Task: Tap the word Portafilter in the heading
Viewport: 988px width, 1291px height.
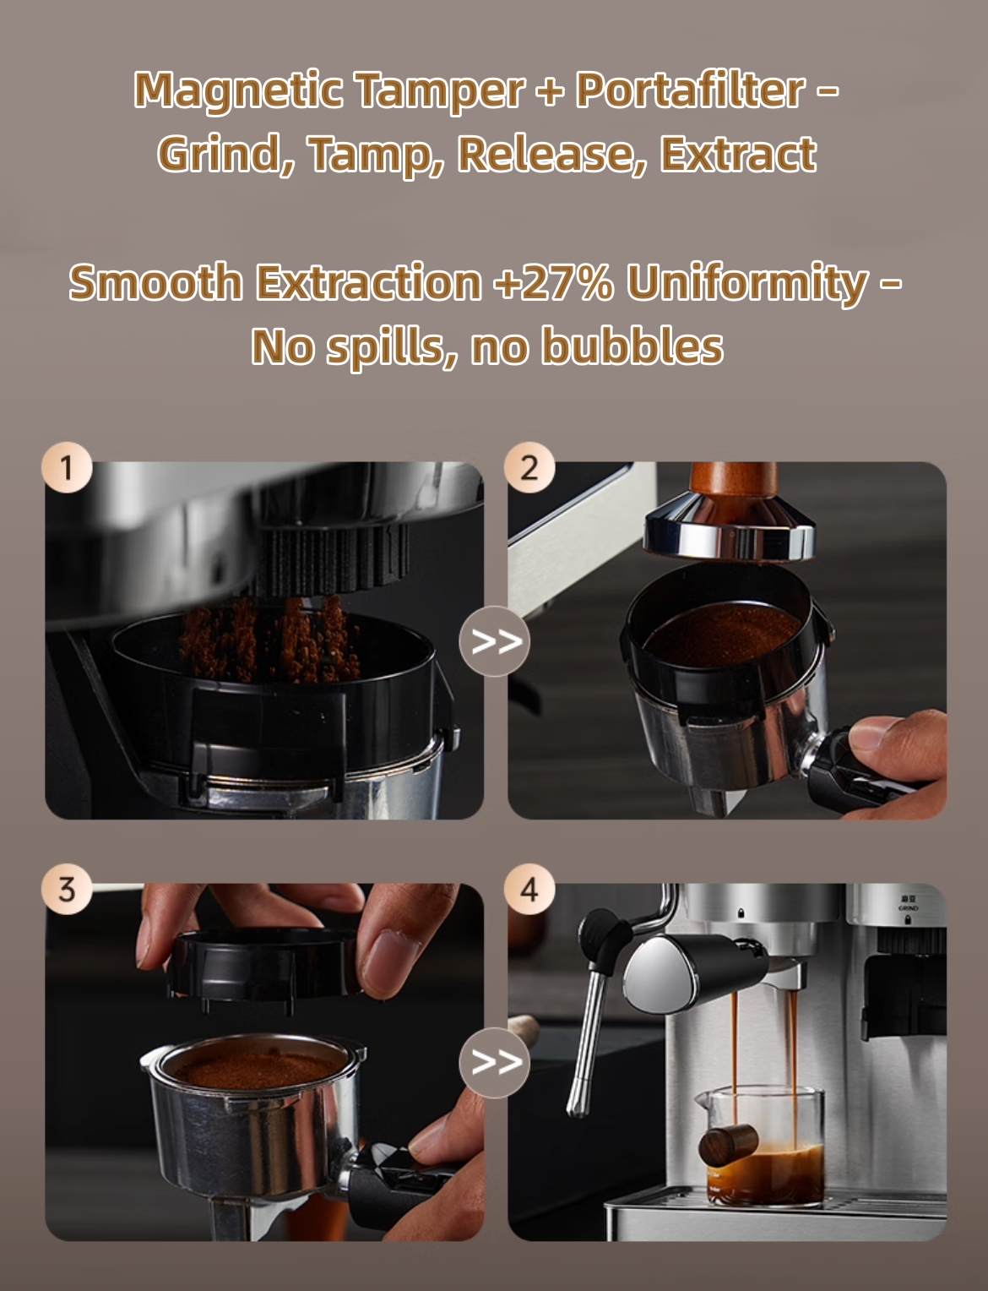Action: click(x=690, y=90)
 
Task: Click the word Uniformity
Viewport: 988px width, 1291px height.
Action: click(x=747, y=283)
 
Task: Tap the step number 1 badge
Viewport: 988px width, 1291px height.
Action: click(x=67, y=467)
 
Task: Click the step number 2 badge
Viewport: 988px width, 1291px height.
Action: click(x=529, y=467)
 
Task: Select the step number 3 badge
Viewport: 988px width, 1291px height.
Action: click(x=67, y=889)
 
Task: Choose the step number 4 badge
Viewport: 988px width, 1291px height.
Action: click(x=529, y=889)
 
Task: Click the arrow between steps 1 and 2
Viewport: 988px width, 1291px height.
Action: click(x=495, y=641)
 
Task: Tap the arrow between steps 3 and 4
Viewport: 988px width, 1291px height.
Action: click(x=495, y=1062)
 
